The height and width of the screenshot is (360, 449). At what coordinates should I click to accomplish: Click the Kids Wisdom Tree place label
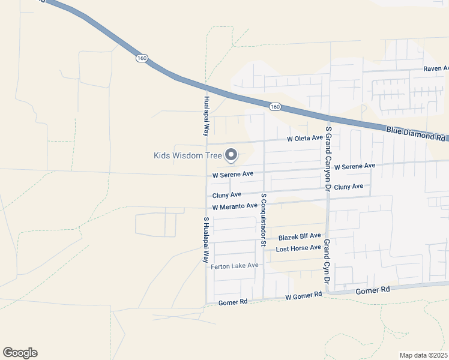188,156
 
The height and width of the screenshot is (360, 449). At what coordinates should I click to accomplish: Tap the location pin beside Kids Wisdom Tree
231,155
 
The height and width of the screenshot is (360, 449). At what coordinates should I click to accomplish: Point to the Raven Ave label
436,69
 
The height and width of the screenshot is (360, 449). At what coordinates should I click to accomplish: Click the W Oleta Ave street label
305,139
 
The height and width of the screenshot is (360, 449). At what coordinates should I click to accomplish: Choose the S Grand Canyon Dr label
328,159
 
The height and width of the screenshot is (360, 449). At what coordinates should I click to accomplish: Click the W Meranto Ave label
235,206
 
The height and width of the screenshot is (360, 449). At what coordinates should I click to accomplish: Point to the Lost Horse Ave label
298,248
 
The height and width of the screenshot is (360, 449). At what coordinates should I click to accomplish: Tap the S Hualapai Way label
205,240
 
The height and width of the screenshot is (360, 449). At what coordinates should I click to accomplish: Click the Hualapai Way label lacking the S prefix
206,115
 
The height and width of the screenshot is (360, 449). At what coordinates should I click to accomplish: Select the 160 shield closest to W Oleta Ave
275,107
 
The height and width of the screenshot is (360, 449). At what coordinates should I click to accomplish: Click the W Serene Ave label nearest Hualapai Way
234,175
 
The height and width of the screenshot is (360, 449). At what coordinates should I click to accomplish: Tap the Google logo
20,353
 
